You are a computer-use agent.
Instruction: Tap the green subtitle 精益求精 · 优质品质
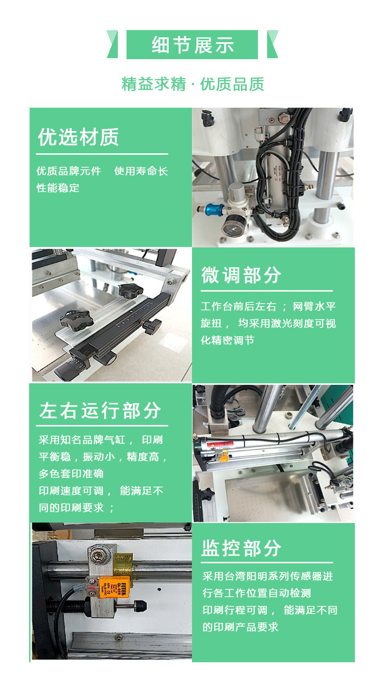(193, 84)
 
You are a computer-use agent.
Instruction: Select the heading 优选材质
(79, 137)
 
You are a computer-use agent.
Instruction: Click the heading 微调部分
(241, 275)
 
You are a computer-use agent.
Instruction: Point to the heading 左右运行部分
(100, 410)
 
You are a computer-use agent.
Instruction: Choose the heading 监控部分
(241, 548)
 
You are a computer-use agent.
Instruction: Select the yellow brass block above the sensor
(123, 565)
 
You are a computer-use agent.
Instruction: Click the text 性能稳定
(58, 188)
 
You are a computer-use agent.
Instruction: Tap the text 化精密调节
(227, 340)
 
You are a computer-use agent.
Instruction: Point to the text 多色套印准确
(71, 474)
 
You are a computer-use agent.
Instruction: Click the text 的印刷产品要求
(240, 627)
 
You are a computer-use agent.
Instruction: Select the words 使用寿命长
(141, 171)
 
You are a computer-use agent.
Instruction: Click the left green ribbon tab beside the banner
(112, 44)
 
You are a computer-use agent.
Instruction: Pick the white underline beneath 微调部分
(267, 291)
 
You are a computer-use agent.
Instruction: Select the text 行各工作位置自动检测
(257, 593)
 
